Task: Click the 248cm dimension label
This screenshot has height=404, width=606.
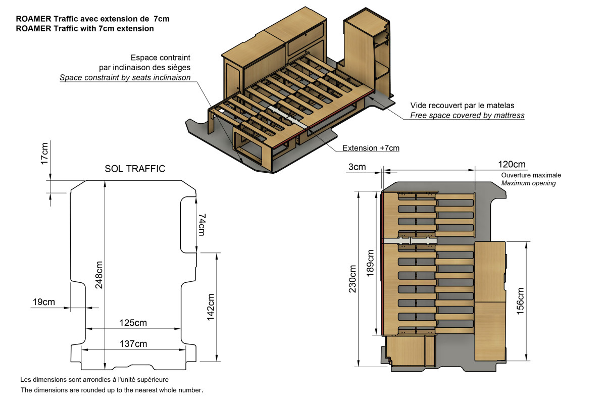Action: (99, 275)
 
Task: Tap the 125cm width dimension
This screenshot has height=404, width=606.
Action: (133, 323)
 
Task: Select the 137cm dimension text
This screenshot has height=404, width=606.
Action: (133, 344)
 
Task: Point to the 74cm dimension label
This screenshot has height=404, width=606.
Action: (202, 225)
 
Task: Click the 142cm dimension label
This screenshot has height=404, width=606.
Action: (211, 307)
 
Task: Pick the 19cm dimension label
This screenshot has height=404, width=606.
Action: (44, 302)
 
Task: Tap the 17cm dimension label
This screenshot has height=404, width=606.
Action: (44, 154)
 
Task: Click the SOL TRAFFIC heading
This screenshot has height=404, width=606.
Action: (135, 169)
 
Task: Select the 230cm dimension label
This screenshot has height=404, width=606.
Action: (352, 279)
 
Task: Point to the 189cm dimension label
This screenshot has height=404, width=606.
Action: (370, 263)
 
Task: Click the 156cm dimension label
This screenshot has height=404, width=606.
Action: (520, 301)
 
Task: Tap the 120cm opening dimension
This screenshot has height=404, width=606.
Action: (512, 164)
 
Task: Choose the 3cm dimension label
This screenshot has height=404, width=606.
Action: (357, 167)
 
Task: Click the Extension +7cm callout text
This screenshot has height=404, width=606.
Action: (371, 148)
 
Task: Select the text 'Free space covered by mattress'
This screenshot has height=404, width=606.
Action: (467, 116)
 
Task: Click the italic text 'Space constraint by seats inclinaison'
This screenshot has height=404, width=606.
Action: (125, 78)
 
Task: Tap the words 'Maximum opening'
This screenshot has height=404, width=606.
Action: (528, 183)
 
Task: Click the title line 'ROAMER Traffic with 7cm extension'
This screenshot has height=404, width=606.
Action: (85, 28)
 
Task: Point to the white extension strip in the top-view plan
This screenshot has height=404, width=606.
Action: (410, 240)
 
